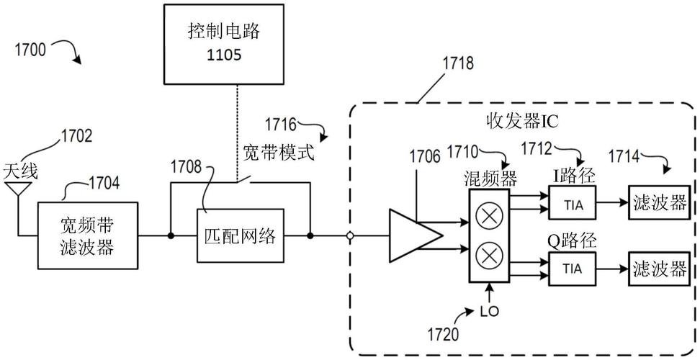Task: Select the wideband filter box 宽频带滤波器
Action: [86, 236]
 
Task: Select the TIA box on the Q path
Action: [572, 269]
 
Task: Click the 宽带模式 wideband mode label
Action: [279, 153]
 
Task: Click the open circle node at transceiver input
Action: [351, 235]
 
